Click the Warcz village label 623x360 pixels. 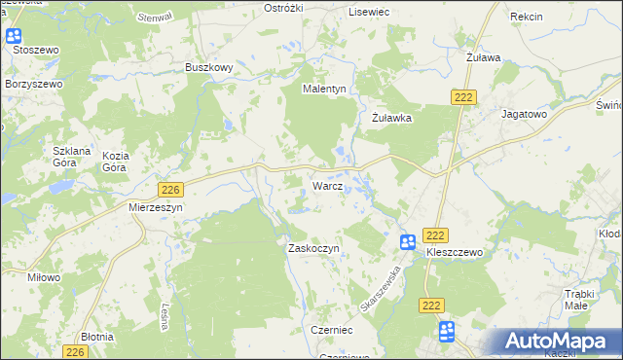326,185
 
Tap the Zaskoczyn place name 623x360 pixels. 312,248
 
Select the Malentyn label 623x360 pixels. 324,89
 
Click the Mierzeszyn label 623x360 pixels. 156,207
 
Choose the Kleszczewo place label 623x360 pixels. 455,251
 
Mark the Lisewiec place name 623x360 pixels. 369,11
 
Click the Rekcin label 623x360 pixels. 526,18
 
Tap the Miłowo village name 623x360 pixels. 45,277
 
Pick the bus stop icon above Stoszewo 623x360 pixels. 14,37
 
